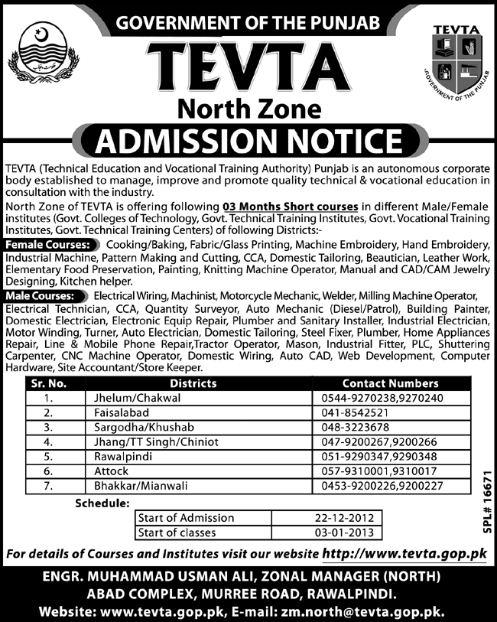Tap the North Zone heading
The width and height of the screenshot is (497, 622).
click(x=248, y=109)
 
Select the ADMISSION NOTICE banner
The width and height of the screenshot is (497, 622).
click(x=248, y=142)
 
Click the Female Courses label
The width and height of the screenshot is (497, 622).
click(x=50, y=244)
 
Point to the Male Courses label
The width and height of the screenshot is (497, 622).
click(x=45, y=295)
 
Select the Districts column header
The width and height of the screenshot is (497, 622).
click(x=193, y=383)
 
